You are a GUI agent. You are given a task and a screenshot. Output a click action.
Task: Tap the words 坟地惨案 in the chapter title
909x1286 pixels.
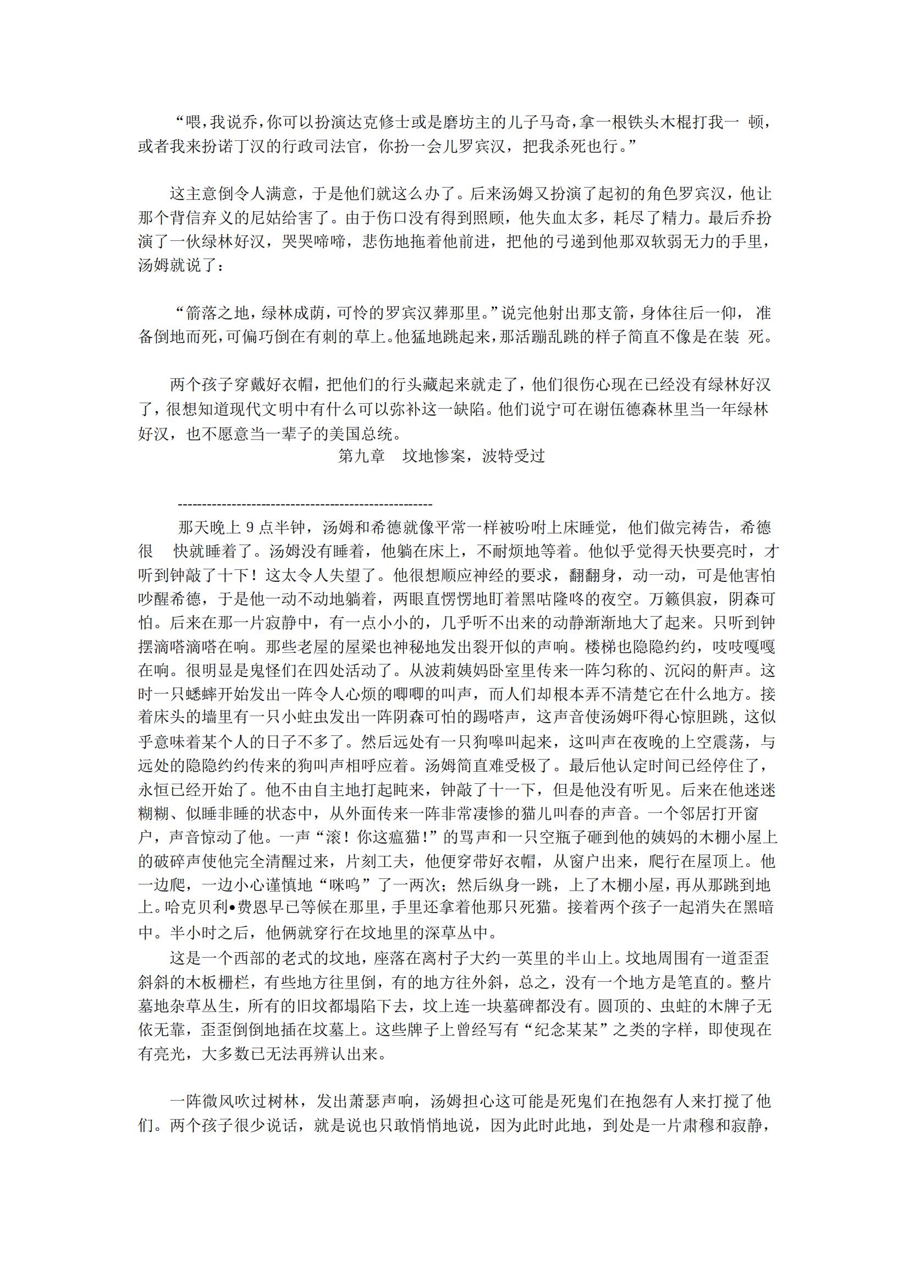tap(433, 457)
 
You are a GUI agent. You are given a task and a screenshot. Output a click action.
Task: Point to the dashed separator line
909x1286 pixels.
tap(305, 504)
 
